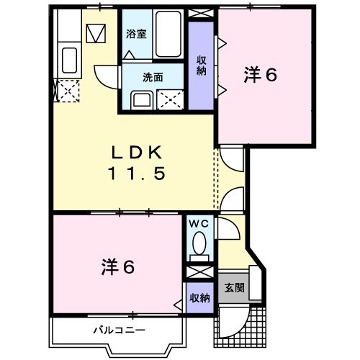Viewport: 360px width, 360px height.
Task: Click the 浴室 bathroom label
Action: (x=137, y=33)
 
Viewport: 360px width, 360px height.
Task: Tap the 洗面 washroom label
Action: (x=153, y=77)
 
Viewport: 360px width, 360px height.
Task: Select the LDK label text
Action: (x=138, y=152)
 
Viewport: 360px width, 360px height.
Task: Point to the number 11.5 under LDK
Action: (x=138, y=173)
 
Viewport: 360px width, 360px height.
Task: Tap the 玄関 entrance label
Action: (x=234, y=289)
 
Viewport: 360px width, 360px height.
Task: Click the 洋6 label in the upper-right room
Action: (x=261, y=75)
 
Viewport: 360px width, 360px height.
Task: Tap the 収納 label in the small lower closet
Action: (x=199, y=297)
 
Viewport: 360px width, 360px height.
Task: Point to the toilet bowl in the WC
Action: (x=199, y=245)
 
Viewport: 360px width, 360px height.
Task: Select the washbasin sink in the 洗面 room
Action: (x=141, y=99)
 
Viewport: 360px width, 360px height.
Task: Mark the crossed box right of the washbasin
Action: (x=172, y=99)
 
